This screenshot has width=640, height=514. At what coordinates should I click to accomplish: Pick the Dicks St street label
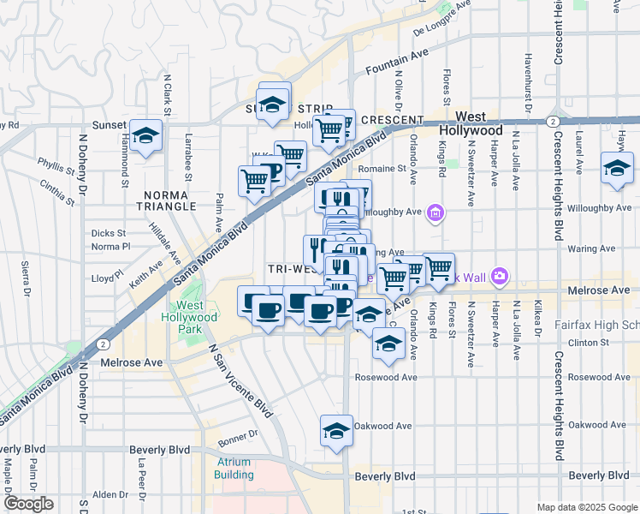click(109, 233)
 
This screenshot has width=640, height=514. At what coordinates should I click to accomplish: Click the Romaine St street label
click(382, 170)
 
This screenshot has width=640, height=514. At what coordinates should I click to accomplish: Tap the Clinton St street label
click(590, 343)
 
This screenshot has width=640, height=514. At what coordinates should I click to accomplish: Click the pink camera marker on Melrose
click(500, 276)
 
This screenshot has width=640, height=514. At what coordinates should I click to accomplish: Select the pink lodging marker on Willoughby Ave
click(436, 212)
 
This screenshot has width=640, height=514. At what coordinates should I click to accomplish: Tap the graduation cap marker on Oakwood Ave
click(336, 431)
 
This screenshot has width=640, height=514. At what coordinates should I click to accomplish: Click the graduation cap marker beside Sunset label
click(146, 136)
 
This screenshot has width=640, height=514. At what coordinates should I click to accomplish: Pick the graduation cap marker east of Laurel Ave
click(616, 168)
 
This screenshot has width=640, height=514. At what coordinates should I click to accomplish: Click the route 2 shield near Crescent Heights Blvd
click(554, 122)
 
